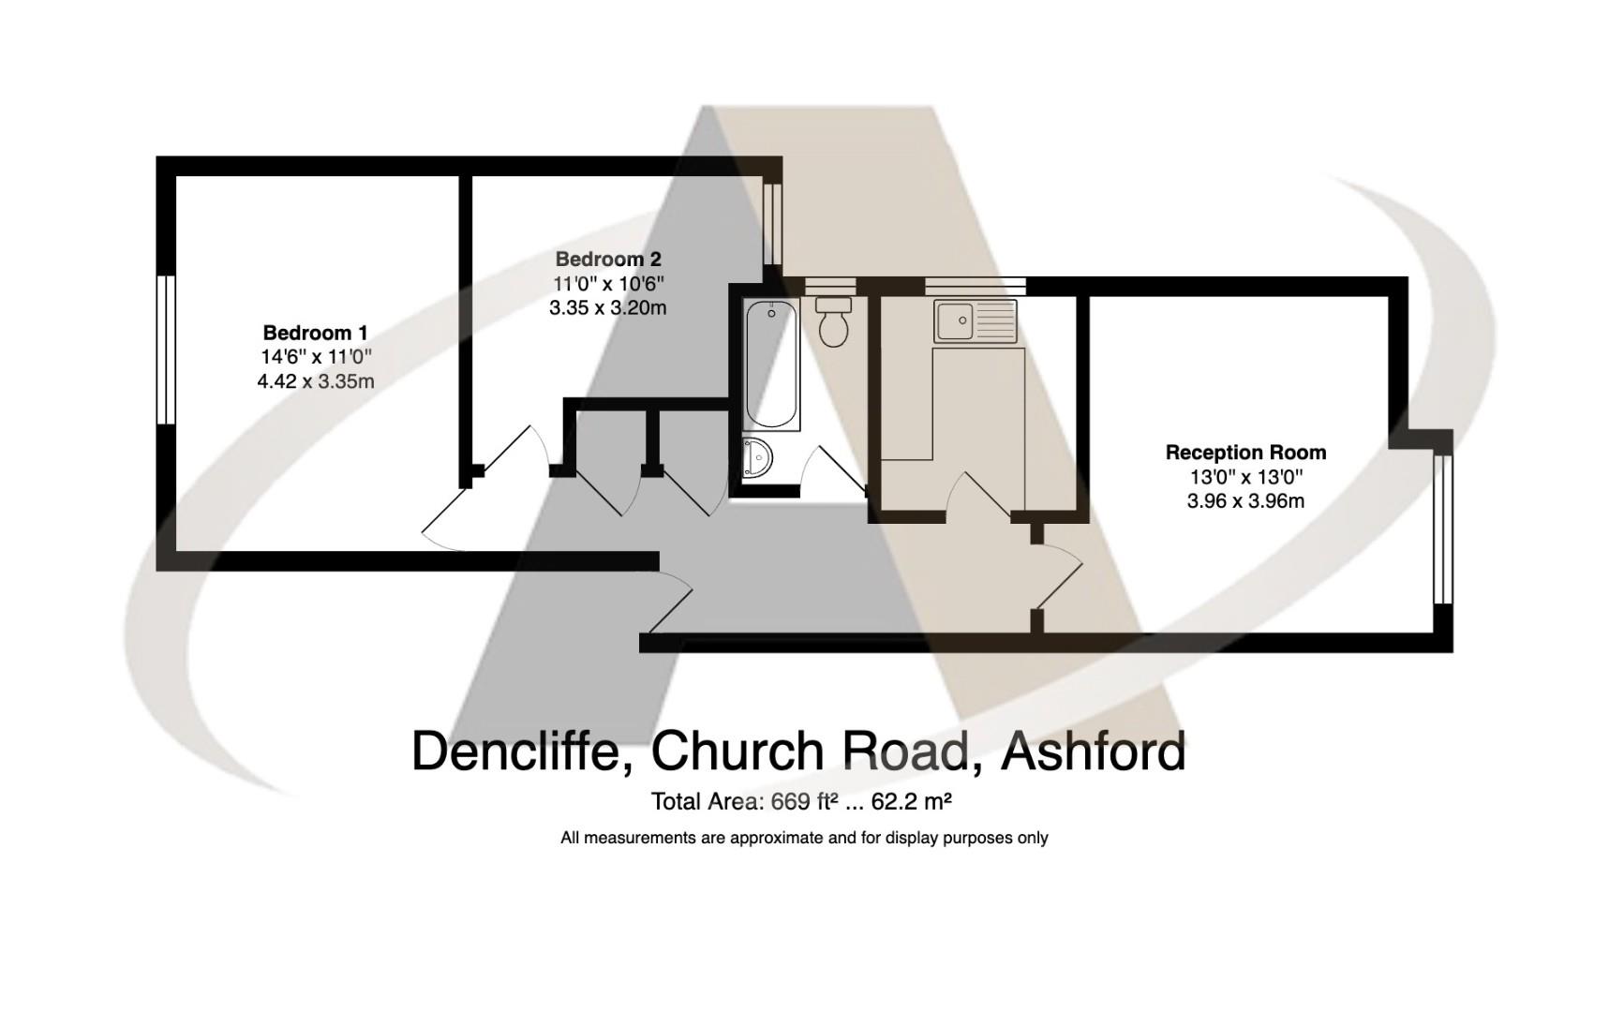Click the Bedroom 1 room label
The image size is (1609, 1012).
coord(315,333)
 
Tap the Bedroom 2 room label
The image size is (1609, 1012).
coord(608,259)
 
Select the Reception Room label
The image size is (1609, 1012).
coord(1245,453)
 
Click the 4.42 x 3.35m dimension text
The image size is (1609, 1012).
coord(315,381)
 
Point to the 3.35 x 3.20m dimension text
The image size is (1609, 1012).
coord(608,307)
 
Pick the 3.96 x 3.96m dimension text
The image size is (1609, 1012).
coord(1245,501)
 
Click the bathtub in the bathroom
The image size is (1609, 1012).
coord(772,365)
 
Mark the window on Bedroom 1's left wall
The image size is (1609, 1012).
coord(166,349)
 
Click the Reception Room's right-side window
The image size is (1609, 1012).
coord(1442,529)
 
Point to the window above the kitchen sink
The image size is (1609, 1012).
coord(975,285)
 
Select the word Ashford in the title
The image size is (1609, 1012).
coord(1093,752)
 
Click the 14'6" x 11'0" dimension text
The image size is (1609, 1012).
coord(315,357)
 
